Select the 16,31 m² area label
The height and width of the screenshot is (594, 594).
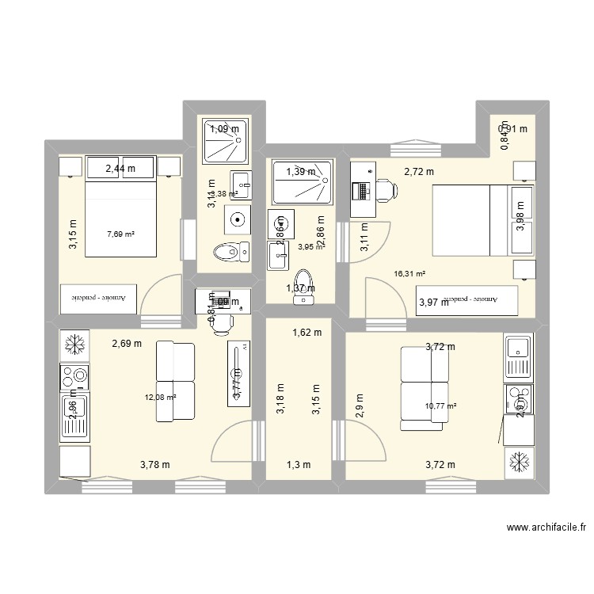pos(409,274)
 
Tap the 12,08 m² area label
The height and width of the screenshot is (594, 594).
pos(159,398)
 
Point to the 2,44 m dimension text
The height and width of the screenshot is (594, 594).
pos(120,167)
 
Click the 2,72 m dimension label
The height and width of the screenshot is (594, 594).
pos(419,171)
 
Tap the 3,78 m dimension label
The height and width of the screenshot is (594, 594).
pos(154,464)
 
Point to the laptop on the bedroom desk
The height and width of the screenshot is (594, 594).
pos(362,191)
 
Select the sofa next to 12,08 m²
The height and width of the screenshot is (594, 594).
pos(176,381)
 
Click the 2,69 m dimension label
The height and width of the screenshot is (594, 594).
pos(127,344)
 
